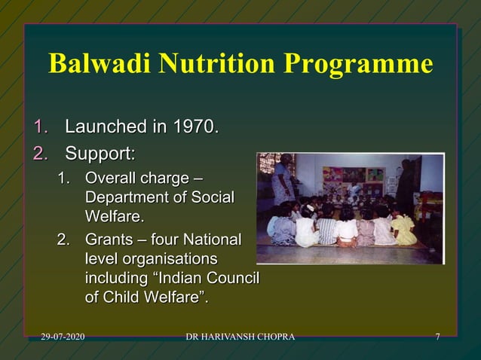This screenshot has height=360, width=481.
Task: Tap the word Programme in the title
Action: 358,65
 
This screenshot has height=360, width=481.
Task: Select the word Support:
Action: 100,154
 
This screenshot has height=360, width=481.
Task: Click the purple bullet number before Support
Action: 39,154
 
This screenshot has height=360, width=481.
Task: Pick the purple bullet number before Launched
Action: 39,125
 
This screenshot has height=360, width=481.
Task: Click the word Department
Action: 125,198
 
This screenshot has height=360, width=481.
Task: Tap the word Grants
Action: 110,241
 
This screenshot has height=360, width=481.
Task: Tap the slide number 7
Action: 437,336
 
